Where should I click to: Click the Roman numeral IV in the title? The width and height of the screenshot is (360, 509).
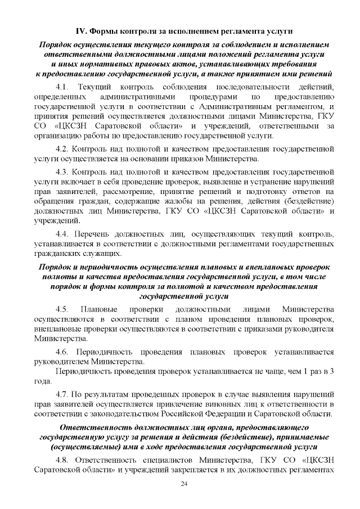[x=82, y=29]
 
